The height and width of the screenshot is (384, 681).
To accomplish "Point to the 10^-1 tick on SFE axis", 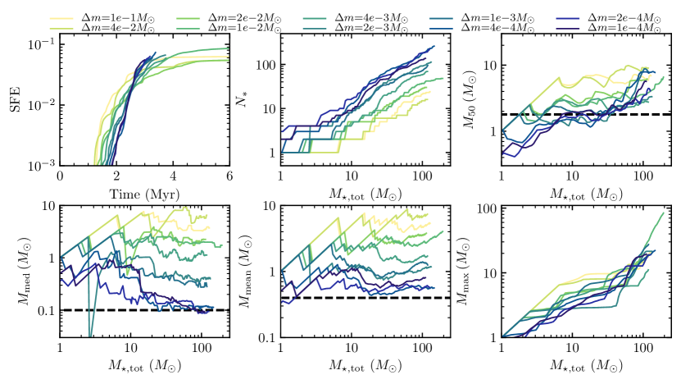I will click(43, 44).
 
